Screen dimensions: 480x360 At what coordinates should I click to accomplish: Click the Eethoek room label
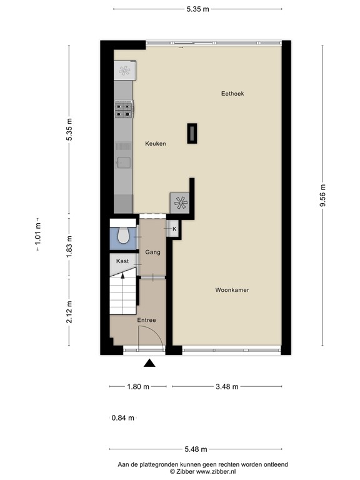(x=232, y=94)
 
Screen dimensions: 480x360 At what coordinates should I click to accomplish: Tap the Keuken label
(x=155, y=144)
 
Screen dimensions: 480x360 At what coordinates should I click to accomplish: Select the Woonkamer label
(x=232, y=290)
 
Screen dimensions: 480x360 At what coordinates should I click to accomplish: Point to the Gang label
(x=153, y=252)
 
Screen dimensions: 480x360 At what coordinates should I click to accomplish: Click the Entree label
(x=147, y=320)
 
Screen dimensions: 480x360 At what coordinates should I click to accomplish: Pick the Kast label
(x=122, y=260)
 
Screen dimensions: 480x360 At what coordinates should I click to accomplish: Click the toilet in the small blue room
(x=123, y=235)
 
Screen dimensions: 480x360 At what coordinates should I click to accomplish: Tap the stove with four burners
(x=123, y=111)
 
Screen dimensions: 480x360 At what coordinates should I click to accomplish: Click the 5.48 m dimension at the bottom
(x=196, y=449)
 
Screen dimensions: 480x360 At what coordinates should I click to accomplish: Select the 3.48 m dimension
(x=227, y=386)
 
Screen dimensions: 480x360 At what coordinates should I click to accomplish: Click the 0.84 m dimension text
(x=122, y=418)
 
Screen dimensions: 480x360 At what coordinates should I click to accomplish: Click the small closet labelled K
(x=174, y=229)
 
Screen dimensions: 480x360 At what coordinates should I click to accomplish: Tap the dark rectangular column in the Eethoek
(x=191, y=133)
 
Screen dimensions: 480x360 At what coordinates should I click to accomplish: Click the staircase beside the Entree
(x=123, y=294)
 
